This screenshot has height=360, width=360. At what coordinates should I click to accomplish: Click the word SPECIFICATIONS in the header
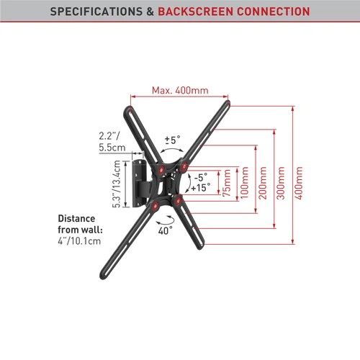pyautogui.click(x=96, y=12)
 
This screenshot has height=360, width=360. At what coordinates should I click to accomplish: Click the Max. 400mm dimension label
pyautogui.click(x=180, y=91)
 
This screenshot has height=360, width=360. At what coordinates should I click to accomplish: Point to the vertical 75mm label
pyautogui.click(x=227, y=183)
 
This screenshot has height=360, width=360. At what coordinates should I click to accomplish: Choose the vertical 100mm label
pyautogui.click(x=244, y=183)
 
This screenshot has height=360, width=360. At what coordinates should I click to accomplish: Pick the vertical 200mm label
pyautogui.click(x=263, y=183)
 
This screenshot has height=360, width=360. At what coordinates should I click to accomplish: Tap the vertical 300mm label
pyautogui.click(x=280, y=183)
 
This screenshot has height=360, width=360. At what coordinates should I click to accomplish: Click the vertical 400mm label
pyautogui.click(x=299, y=183)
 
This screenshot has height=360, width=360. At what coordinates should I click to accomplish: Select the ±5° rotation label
pyautogui.click(x=173, y=140)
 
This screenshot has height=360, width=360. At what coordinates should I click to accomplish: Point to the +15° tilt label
pyautogui.click(x=201, y=187)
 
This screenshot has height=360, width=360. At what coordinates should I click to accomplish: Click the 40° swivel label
pyautogui.click(x=165, y=230)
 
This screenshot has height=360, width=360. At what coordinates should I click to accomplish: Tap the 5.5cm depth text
pyautogui.click(x=112, y=148)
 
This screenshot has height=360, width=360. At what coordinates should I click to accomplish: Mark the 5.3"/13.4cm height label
pyautogui.click(x=117, y=184)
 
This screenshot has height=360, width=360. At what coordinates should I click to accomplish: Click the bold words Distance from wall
pyautogui.click(x=80, y=224)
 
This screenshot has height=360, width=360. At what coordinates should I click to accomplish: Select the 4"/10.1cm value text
pyautogui.click(x=79, y=241)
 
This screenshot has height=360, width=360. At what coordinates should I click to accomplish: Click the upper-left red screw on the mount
pyautogui.click(x=161, y=170)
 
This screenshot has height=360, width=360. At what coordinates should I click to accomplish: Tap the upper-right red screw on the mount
pyautogui.click(x=184, y=166)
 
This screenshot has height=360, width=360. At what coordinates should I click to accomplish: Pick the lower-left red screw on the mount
pyautogui.click(x=156, y=205)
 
